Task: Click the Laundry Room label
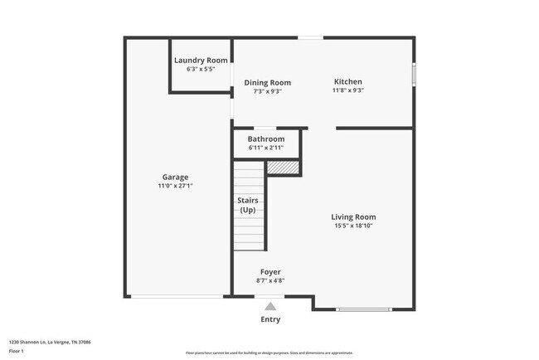(201, 60)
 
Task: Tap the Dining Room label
(267, 82)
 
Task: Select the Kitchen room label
(348, 81)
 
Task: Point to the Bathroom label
(266, 139)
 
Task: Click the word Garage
(175, 177)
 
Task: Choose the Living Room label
(354, 216)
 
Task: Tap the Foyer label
(270, 271)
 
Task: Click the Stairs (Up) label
(248, 205)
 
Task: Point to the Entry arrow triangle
(270, 306)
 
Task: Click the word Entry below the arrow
(270, 319)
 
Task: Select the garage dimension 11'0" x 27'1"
(175, 186)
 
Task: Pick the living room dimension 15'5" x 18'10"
(354, 226)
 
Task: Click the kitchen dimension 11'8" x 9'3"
(348, 90)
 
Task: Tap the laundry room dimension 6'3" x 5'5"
(201, 69)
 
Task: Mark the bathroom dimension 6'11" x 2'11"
(266, 148)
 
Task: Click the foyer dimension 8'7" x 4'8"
(270, 280)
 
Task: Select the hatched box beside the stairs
(285, 168)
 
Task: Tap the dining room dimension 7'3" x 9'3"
(267, 91)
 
